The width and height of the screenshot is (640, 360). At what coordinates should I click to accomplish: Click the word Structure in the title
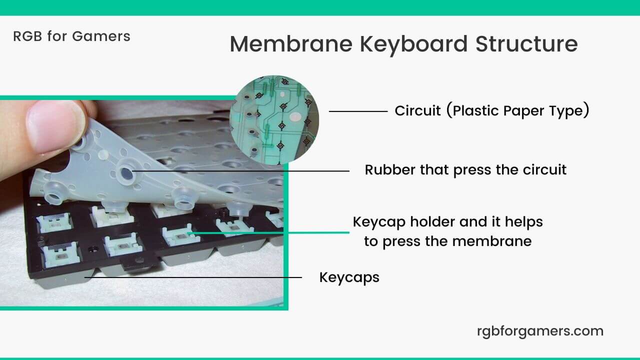point(526,44)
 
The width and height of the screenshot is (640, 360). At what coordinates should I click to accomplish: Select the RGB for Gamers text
point(71,36)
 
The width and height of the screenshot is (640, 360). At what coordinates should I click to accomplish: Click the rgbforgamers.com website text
point(540,331)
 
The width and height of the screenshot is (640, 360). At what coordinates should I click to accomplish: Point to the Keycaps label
point(349,277)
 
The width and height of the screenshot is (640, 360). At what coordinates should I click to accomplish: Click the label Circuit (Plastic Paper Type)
point(491,111)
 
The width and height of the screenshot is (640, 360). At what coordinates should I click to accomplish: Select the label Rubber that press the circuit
point(465,170)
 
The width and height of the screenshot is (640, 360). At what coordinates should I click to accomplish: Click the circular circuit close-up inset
point(274,119)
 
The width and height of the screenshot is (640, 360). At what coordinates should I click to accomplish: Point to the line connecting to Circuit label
point(358,111)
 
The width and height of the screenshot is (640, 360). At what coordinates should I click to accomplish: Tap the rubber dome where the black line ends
point(127,172)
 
